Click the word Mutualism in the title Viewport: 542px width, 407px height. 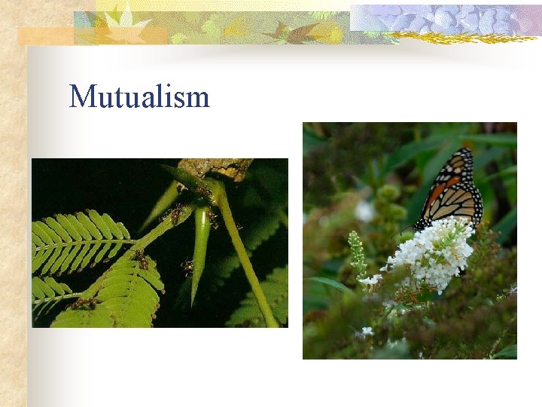pyautogui.click(x=139, y=97)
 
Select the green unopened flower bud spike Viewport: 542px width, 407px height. pyautogui.click(x=357, y=252)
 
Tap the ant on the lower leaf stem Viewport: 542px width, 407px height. pyautogui.click(x=142, y=260)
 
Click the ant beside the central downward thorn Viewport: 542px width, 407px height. pyautogui.click(x=187, y=265)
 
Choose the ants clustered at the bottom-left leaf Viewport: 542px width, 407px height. pyautogui.click(x=87, y=303)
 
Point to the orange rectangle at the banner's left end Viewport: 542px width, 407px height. pyautogui.click(x=45, y=35)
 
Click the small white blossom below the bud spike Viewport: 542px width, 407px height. pyautogui.click(x=370, y=280)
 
